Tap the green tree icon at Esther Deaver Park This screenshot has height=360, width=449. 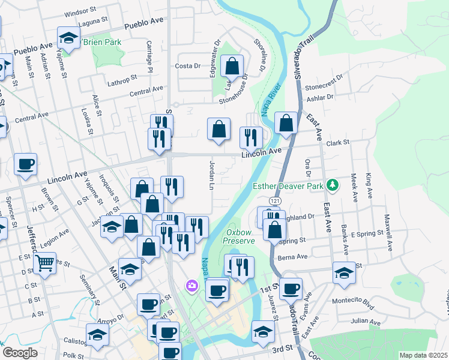tap(331, 185)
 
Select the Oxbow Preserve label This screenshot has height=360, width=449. tap(240, 236)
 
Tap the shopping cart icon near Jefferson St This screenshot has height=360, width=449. tap(44, 262)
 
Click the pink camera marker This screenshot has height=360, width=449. tap(192, 285)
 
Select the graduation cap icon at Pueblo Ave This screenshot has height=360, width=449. tap(69, 38)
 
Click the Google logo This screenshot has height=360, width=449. tap(19, 353)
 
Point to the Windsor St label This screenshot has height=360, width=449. tap(80, 11)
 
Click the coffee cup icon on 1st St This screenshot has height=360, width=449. tap(291, 289)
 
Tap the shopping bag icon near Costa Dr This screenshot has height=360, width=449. tap(231, 66)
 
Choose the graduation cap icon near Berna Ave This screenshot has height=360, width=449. tap(344, 272)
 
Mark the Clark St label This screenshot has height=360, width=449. tap(337, 143)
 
